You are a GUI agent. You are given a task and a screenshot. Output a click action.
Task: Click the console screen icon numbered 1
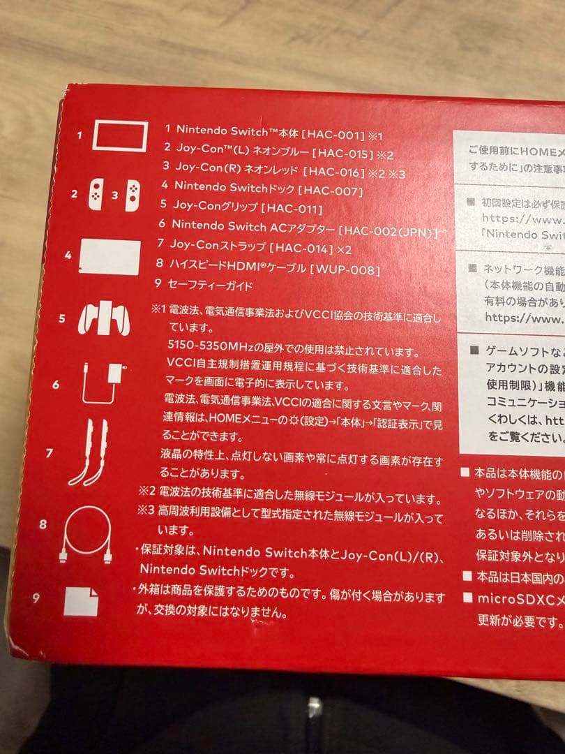click(120, 136)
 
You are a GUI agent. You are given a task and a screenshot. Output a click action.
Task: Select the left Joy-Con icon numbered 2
click(96, 195)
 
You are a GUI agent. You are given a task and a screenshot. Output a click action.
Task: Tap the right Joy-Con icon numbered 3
click(131, 195)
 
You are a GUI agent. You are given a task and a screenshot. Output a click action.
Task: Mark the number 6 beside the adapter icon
click(56, 385)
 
